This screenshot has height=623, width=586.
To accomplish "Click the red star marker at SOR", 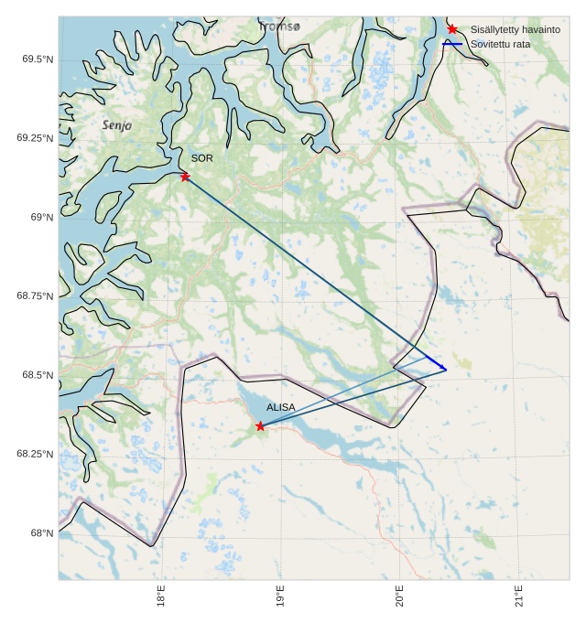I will click(185, 177).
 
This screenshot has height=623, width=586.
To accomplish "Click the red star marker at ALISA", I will click(260, 426).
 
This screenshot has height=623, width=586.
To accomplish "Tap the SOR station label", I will click(201, 158).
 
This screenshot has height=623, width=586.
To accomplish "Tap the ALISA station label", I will click(281, 407).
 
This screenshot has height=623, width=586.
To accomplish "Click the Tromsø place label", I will click(279, 27).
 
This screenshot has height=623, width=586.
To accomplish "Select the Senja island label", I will click(117, 124).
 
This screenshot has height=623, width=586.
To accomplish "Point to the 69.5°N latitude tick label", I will click(37, 59).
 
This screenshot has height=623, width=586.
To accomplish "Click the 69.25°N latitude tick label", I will click(35, 138).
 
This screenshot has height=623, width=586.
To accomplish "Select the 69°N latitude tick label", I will click(40, 218).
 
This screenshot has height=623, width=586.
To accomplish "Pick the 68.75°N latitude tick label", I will click(35, 296).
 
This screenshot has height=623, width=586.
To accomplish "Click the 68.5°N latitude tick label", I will click(37, 375).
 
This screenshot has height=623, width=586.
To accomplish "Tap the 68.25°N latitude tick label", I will click(35, 454).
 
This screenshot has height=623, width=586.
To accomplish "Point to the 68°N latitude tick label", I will click(40, 532).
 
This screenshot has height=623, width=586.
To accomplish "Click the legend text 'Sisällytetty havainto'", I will click(515, 30).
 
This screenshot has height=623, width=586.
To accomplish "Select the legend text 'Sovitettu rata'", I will click(499, 44).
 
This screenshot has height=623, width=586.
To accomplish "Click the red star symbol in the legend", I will click(452, 29).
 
